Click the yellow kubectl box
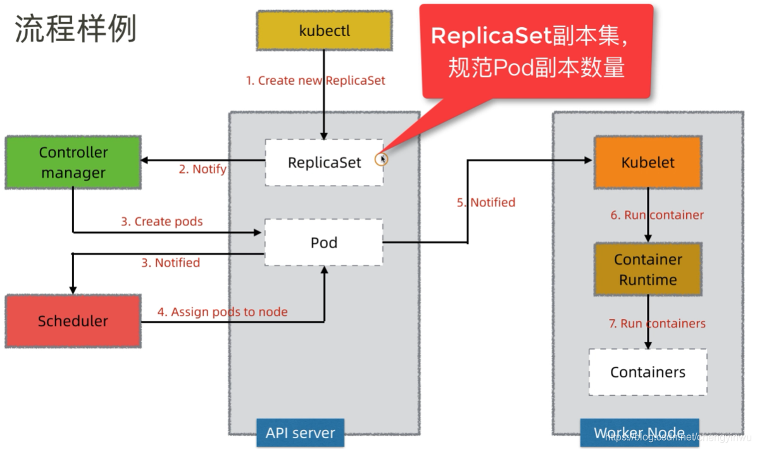click(x=324, y=31)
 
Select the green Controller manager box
click(x=73, y=162)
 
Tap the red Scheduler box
click(x=73, y=321)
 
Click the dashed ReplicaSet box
click(x=324, y=163)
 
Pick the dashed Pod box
click(x=323, y=243)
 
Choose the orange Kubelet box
click(x=648, y=163)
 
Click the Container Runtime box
click(x=648, y=270)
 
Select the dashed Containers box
click(x=648, y=372)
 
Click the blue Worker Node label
click(x=639, y=434)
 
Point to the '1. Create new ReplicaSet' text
click(x=315, y=81)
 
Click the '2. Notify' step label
click(x=202, y=169)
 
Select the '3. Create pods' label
click(x=162, y=222)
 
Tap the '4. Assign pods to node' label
click(x=222, y=312)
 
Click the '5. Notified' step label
click(x=486, y=203)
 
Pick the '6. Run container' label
click(x=657, y=215)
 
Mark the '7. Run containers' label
click(x=657, y=324)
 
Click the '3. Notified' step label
click(x=170, y=263)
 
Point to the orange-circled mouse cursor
click(x=381, y=159)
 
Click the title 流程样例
click(x=75, y=29)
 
